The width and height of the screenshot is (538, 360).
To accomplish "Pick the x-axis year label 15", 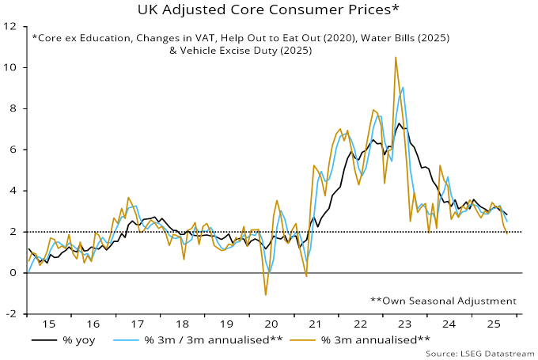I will click(50, 324).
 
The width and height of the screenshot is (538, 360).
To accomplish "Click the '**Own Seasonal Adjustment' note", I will click(443, 301).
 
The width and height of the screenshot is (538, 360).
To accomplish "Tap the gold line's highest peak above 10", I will click(395, 57).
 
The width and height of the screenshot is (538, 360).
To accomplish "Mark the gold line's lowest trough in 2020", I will click(266, 295).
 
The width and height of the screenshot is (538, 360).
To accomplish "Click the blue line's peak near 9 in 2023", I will click(403, 88).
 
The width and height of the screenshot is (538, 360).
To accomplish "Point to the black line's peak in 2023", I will click(399, 123).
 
